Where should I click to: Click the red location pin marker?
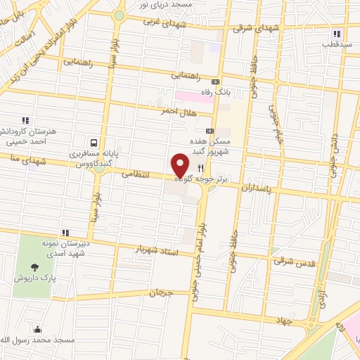[x=181, y=165]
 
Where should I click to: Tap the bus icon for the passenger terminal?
[x=94, y=141]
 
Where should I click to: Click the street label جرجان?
[x=160, y=292]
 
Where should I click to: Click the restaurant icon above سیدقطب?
[x=337, y=33]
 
